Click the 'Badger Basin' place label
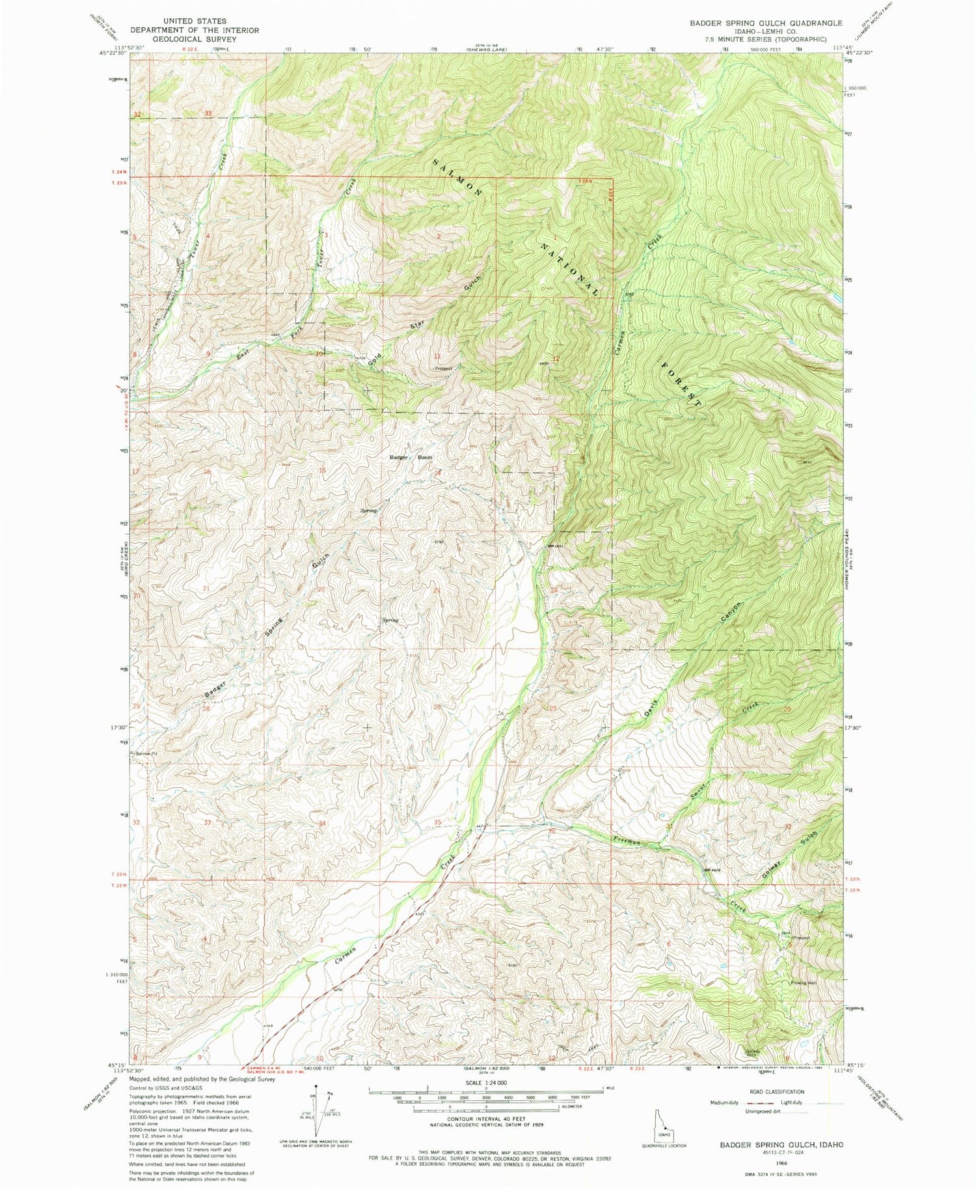(410, 457)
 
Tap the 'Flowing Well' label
(804, 983)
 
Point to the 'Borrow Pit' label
(144, 753)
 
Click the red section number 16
(207, 471)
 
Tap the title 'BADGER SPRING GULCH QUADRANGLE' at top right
(757, 23)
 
